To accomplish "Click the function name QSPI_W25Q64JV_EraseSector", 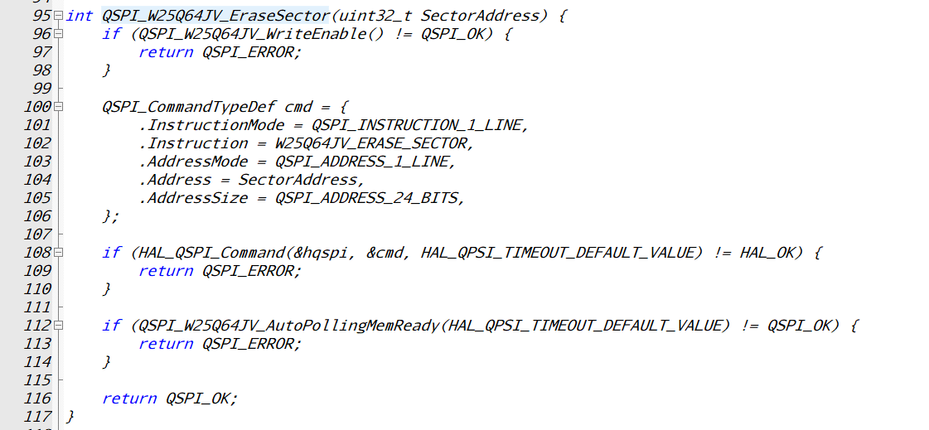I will pos(215,16).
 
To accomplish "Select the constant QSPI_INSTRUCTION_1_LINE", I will pos(418,125).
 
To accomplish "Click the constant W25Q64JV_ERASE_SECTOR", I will pos(373,143).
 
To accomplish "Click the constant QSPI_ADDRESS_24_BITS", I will pos(368,198).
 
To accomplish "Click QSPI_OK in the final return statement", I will pos(201,399).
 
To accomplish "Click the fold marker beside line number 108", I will pos(57,253).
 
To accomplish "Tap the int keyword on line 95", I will pos(80,16).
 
